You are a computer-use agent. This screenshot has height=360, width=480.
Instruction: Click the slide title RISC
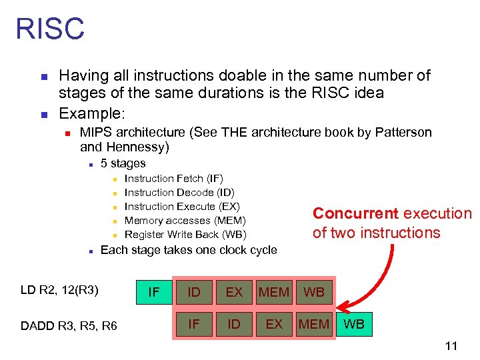(50, 29)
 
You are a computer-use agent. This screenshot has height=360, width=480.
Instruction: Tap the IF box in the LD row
(153, 292)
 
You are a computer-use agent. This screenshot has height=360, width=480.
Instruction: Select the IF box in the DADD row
(194, 325)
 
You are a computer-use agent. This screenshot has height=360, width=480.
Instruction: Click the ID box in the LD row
(194, 292)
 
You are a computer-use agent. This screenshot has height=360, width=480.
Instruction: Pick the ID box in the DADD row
(233, 325)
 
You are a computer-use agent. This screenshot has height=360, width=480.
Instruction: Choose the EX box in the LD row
(234, 292)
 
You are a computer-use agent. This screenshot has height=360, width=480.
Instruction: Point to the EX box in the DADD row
(274, 325)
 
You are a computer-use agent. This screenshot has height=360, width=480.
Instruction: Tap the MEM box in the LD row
(274, 292)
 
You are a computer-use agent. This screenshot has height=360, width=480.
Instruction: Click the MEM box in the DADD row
(314, 325)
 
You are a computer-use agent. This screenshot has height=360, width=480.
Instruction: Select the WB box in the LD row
(314, 292)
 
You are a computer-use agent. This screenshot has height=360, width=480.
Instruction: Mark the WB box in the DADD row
(353, 325)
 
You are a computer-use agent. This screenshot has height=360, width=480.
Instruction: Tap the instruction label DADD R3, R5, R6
(69, 325)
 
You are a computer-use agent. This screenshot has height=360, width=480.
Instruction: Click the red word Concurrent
(355, 213)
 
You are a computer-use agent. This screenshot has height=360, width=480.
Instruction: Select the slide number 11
(451, 346)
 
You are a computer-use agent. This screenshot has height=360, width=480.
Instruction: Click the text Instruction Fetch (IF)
(174, 179)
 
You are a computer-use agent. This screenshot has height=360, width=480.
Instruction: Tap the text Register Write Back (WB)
(185, 235)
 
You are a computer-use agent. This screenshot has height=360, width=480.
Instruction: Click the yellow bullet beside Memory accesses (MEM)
(115, 221)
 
